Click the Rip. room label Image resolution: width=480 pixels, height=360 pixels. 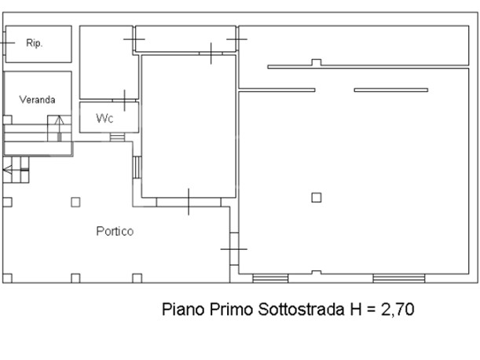pos(34,43)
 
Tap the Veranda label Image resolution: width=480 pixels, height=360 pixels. pos(37,100)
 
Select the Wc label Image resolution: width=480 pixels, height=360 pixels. pos(104,118)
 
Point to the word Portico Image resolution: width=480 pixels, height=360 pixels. pos(115,231)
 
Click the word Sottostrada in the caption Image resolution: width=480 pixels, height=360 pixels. pos(301,309)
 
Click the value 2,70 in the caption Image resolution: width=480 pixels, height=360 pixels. pos(398,309)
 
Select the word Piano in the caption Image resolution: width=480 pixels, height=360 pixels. pos(183,309)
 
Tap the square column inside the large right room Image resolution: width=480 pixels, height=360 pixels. pos(317,197)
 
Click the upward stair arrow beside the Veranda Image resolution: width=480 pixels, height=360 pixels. pos(59,128)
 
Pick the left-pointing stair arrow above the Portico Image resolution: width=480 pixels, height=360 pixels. pos(16,169)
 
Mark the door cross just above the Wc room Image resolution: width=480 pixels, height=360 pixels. pos(124,100)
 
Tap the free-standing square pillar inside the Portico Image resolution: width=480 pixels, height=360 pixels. pos(75,202)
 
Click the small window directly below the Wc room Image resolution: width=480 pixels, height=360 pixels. pos(117,137)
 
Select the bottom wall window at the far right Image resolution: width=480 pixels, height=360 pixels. pos(399,278)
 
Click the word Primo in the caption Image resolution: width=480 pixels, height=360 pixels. pos(232,309)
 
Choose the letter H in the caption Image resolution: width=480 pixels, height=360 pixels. pos(356,309)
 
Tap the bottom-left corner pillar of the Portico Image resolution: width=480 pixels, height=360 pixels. pos(7,278)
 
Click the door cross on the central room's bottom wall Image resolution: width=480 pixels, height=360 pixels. pos(189,202)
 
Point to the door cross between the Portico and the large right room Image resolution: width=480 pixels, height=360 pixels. pos(234,249)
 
